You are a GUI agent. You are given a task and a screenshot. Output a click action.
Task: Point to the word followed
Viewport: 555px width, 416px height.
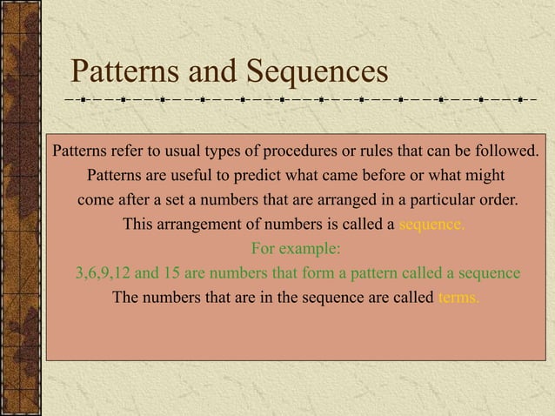click(505, 151)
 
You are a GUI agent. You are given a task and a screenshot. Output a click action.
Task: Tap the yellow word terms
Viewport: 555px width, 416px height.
click(456, 297)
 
